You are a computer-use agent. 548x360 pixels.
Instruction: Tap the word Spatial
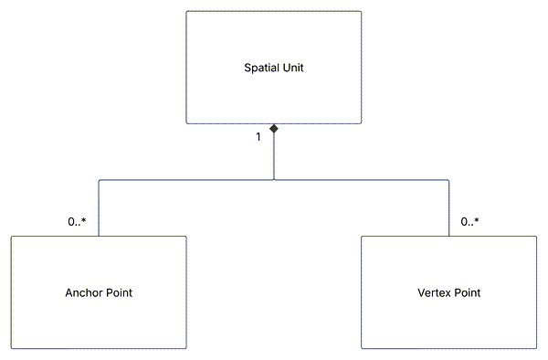(x=262, y=68)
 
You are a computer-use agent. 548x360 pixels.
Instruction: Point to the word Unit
(x=293, y=68)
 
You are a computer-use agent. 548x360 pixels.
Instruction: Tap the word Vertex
(x=433, y=293)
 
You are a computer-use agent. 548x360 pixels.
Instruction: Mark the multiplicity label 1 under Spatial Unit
(x=258, y=136)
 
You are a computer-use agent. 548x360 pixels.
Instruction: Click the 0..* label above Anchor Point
(x=77, y=221)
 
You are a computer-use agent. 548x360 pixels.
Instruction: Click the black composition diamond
(x=274, y=130)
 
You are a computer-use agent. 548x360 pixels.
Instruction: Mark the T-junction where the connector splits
(x=274, y=180)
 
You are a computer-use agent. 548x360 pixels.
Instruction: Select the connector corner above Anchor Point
(x=99, y=180)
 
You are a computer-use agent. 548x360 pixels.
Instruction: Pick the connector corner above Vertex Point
(x=449, y=180)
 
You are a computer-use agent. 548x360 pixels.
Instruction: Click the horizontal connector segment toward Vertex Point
(x=365, y=180)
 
